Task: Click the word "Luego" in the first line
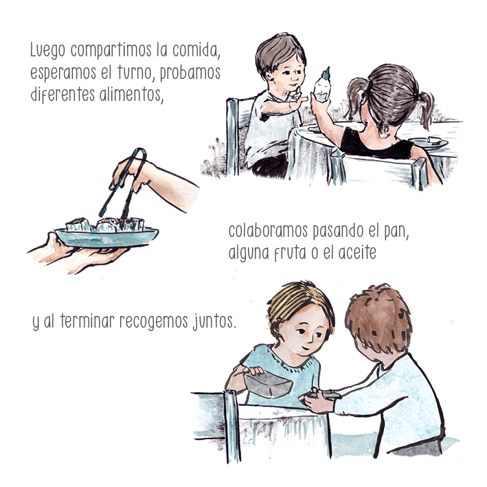click(x=47, y=50)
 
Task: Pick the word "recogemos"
click(x=154, y=321)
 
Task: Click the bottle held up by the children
click(x=322, y=87)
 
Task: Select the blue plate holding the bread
click(x=106, y=238)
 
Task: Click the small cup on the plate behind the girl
click(x=434, y=140)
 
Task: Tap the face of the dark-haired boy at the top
click(x=288, y=76)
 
